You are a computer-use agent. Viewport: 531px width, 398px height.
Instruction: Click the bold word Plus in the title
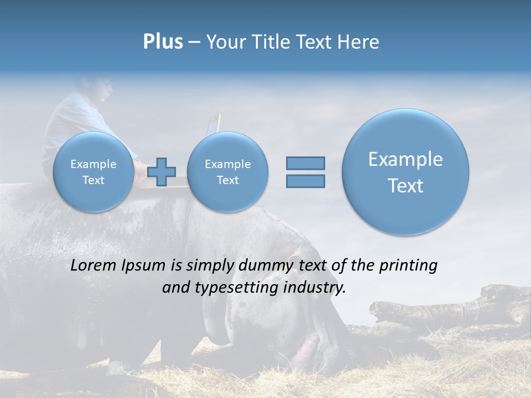tap(163, 42)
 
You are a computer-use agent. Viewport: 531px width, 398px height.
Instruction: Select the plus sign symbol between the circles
tap(162, 172)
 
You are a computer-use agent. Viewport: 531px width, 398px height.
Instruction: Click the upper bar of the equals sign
tap(305, 163)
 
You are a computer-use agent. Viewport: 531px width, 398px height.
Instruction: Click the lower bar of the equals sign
tap(305, 181)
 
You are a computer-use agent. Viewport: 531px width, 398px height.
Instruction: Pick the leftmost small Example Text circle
tap(93, 172)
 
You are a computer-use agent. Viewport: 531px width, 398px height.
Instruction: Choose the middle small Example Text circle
tap(227, 172)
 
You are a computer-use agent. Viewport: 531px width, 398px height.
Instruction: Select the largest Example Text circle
tap(405, 172)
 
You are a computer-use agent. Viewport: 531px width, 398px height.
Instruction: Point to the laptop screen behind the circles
tap(214, 124)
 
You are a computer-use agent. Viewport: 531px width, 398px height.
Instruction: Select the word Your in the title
tap(223, 42)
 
